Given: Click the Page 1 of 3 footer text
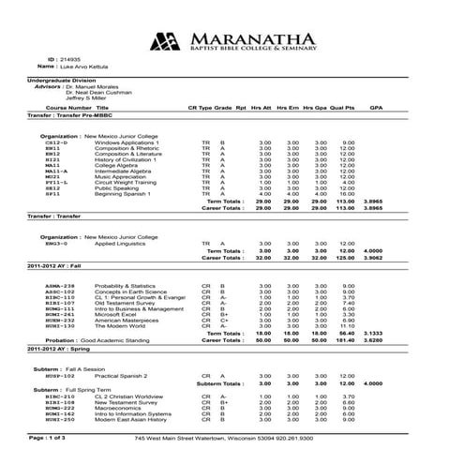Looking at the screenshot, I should [x=49, y=437].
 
